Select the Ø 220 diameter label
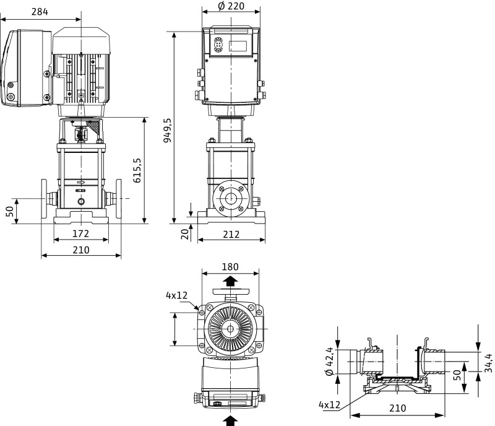point(231,6)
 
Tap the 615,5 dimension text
point(137,170)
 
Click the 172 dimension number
point(80,233)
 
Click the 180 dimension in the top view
point(230,267)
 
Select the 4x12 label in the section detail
point(330,404)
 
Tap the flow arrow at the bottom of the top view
point(230,421)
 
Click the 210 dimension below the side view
point(80,250)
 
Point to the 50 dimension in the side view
point(9,211)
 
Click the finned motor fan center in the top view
point(230,328)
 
